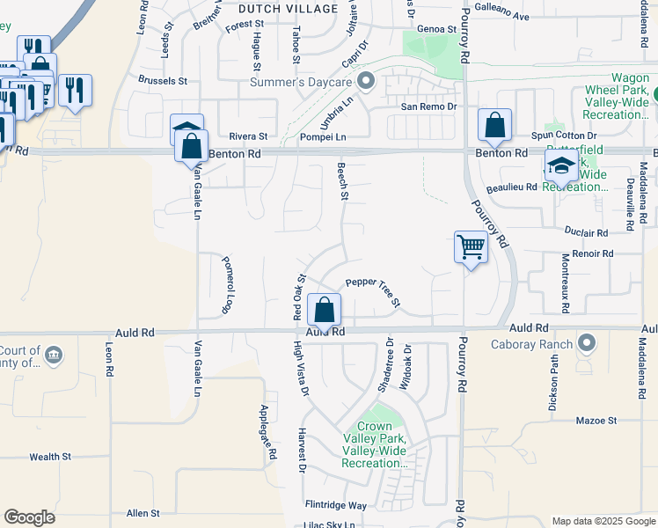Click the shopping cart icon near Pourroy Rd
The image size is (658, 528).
point(472,247)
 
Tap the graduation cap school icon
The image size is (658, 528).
point(561,165)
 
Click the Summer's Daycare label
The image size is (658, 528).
point(302,83)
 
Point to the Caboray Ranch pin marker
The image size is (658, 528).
point(587,343)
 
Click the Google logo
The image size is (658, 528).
point(29,517)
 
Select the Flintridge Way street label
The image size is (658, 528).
point(335,505)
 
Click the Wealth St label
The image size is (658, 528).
point(50,457)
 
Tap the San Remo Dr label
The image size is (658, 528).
point(429,106)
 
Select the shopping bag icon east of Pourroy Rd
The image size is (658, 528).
point(494,126)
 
